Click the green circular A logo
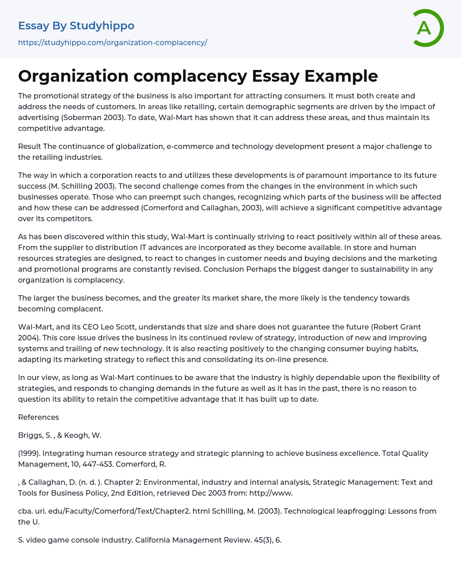coord(428,28)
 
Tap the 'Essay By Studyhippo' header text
coord(76,26)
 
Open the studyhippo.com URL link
coord(112,42)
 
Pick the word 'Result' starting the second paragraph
coord(29,146)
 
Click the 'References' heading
coord(38,417)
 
